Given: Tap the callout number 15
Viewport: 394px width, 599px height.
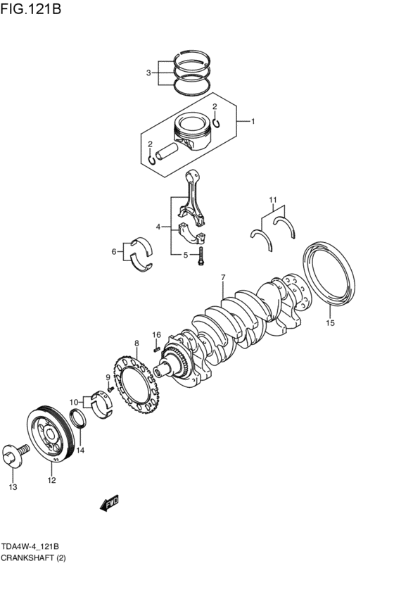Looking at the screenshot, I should pos(330,323).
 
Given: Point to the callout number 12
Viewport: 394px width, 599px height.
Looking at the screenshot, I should pos(51,481).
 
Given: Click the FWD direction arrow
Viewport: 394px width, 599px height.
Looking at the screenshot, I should pos(110,502).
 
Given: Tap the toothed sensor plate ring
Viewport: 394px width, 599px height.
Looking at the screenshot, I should pos(136,386).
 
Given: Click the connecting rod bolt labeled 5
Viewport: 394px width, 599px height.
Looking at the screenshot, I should pos(201,256).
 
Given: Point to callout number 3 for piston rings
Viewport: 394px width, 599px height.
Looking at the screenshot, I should pos(148,72).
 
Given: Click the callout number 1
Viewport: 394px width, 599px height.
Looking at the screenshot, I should pos(253,121).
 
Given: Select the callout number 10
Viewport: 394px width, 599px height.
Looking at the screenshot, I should pos(73,402).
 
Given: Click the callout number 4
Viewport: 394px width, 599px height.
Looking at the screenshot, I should pos(159,227).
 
